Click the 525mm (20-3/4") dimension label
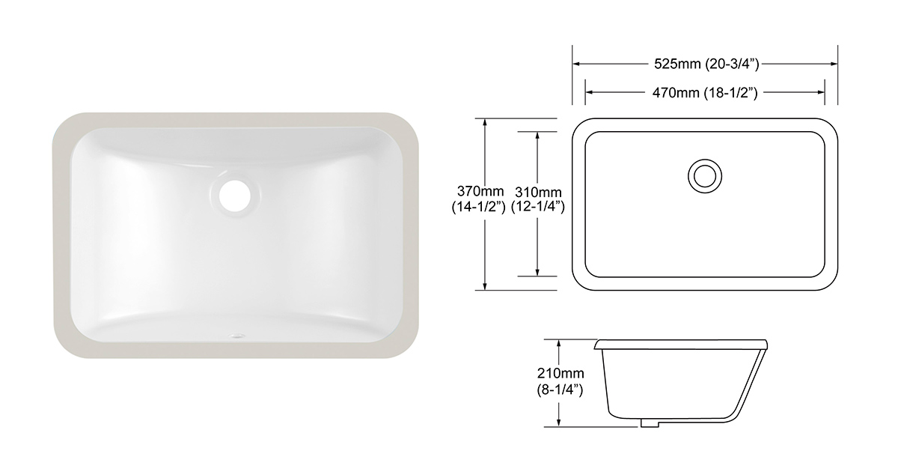coord(706,64)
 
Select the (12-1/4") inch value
coord(537,207)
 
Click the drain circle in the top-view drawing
coord(703,175)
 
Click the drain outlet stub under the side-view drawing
coord(649,423)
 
